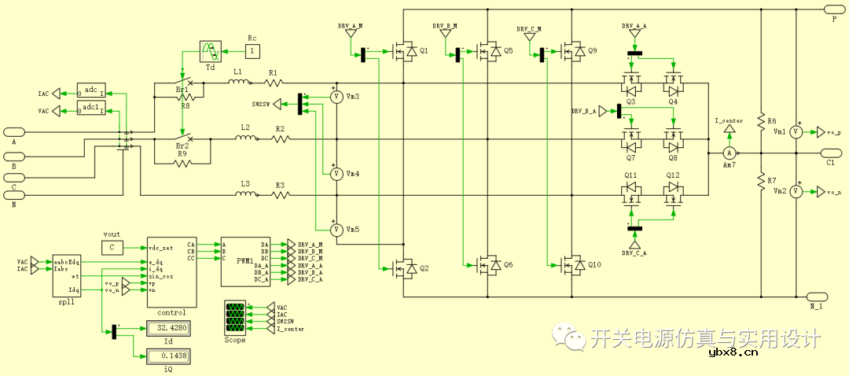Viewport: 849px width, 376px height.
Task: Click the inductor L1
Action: pos(237,83)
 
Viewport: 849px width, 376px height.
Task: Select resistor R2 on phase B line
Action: pos(281,139)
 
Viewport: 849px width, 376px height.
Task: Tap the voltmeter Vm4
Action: pos(336,174)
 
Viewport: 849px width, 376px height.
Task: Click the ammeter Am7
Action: pos(729,153)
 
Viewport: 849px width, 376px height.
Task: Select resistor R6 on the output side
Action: pos(761,120)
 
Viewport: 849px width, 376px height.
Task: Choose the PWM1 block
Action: pos(244,260)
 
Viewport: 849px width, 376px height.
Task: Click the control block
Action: pos(171,272)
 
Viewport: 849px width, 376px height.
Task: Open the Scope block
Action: pos(235,318)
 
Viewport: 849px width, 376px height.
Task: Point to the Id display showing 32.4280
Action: pos(164,328)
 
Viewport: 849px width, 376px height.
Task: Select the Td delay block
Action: pos(211,53)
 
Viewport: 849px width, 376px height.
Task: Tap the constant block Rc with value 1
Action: pos(252,51)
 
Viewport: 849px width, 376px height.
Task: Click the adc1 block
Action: pos(91,107)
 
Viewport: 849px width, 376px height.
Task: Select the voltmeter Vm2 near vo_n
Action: pos(795,191)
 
